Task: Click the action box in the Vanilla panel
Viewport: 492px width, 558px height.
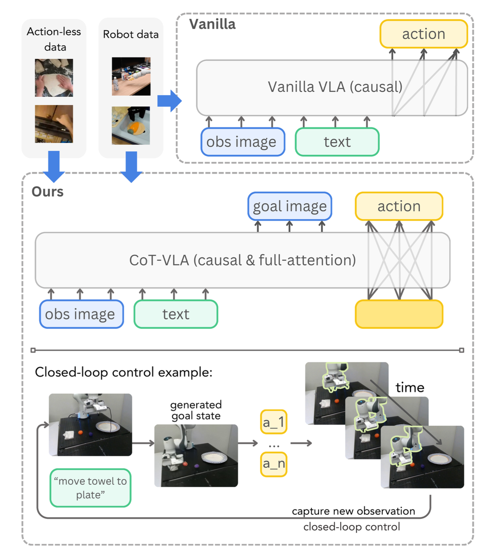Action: [424, 34]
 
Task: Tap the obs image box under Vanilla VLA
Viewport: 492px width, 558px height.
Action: [243, 142]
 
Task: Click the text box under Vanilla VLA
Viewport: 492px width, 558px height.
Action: [337, 142]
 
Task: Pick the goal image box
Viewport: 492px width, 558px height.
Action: [290, 206]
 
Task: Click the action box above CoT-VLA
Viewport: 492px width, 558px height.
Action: [399, 206]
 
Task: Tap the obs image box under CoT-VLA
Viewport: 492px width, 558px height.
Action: [81, 314]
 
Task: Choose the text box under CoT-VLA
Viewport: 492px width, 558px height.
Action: [176, 314]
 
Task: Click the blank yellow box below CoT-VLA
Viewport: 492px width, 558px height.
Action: [399, 314]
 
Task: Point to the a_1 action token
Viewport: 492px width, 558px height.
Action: [273, 422]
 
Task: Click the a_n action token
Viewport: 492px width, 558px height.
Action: [273, 464]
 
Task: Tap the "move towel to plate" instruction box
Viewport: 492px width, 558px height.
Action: [90, 488]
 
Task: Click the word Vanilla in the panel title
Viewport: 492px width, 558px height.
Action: [213, 24]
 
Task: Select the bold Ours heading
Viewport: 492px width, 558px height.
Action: [48, 192]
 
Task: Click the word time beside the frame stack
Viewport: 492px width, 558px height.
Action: [410, 387]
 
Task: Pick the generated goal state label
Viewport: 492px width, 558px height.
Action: [196, 410]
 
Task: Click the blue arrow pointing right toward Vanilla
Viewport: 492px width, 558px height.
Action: [170, 101]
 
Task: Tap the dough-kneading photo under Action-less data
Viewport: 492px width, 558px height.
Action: [54, 78]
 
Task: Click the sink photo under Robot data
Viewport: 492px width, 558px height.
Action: [131, 125]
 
